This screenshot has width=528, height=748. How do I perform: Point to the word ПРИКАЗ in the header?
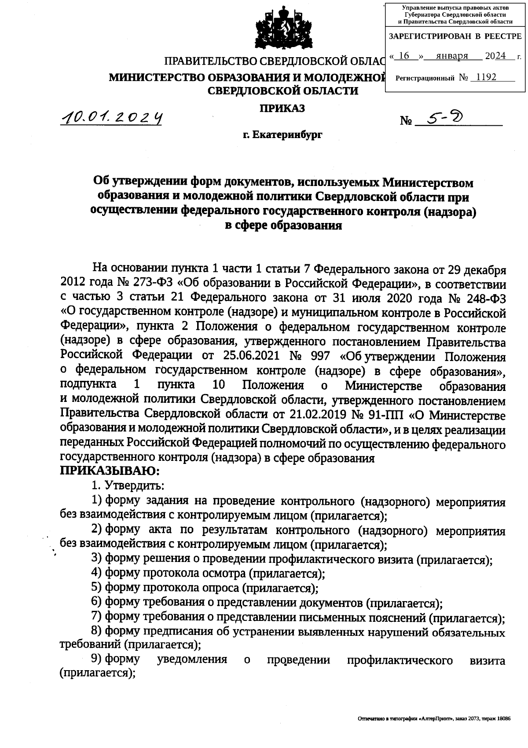(282, 108)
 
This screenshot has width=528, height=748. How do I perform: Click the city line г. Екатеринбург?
(282, 135)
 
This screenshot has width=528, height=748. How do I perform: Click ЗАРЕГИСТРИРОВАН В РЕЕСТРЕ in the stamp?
(455, 36)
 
